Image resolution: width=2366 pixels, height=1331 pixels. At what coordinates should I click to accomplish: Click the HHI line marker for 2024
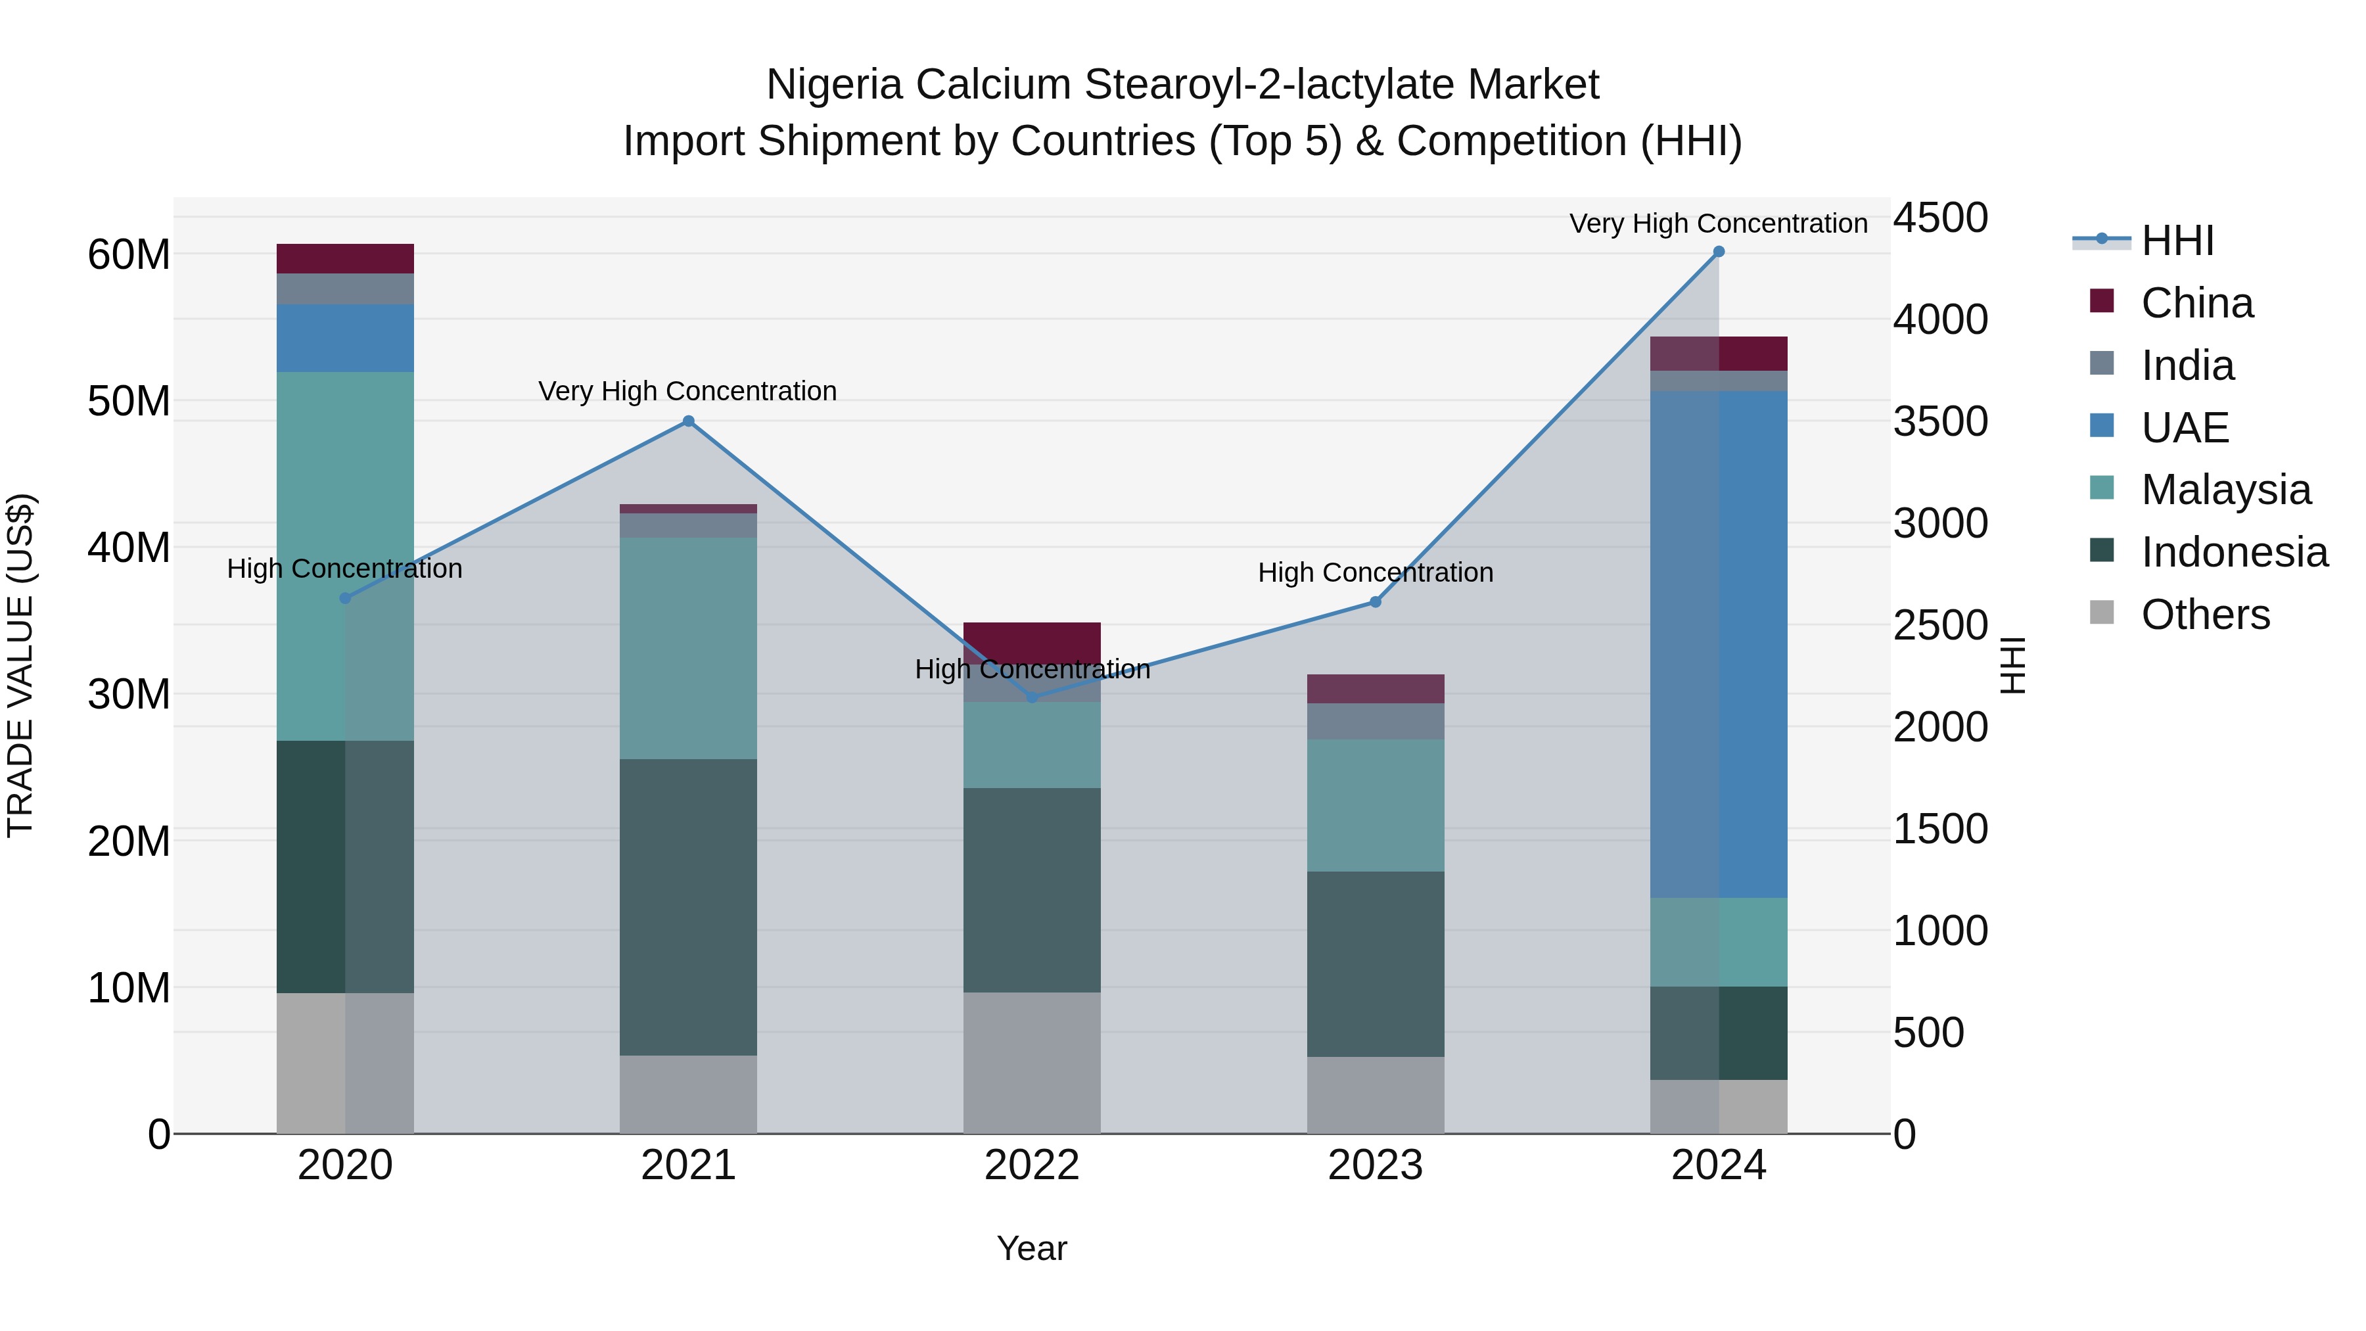(1719, 252)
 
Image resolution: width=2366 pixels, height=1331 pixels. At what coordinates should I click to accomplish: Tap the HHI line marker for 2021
(688, 421)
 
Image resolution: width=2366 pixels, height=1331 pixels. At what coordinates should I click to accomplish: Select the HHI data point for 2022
(1031, 698)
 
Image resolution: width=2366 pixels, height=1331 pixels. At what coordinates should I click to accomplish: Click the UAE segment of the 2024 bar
(1719, 643)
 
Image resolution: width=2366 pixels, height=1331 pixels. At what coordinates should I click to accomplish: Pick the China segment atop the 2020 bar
(344, 258)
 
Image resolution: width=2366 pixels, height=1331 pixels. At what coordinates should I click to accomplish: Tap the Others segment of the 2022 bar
(1031, 1062)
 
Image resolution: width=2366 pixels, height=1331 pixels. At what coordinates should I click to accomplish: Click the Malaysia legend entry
(2225, 490)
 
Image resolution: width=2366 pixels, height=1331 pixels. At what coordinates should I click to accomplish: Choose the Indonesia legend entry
(2234, 552)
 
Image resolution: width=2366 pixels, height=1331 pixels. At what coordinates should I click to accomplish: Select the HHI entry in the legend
(2177, 241)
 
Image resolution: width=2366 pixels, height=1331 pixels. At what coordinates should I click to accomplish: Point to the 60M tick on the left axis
(129, 254)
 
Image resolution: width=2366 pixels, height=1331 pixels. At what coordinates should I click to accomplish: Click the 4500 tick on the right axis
(1940, 219)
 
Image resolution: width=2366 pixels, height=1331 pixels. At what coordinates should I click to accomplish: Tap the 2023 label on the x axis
(1375, 1165)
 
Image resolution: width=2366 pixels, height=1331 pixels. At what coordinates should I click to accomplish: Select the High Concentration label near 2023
(1375, 572)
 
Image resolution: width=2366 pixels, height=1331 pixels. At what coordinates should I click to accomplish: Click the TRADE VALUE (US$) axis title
(20, 665)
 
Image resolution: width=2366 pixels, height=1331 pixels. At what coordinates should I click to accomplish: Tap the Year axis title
(1031, 1248)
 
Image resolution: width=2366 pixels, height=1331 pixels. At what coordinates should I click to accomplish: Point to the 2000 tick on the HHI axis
(1940, 726)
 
